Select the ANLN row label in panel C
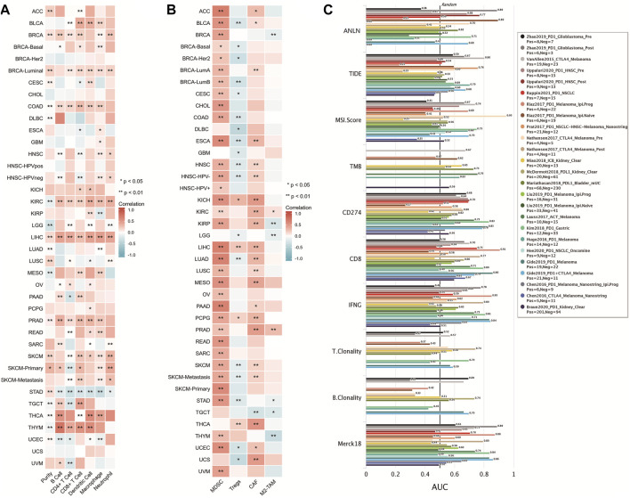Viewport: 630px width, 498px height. click(x=343, y=33)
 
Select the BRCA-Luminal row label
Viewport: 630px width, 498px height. click(x=22, y=68)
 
